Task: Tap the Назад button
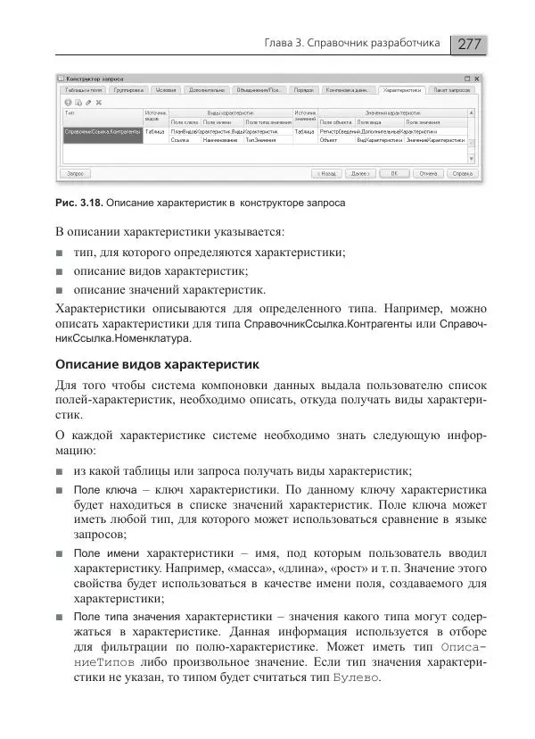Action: [325, 173]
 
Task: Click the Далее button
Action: [358, 173]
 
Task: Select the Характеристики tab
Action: [401, 90]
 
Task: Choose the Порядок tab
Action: [303, 90]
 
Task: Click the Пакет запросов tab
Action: [451, 90]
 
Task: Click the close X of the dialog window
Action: [477, 79]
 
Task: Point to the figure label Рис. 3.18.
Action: [76, 203]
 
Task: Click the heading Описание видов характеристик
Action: [156, 364]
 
